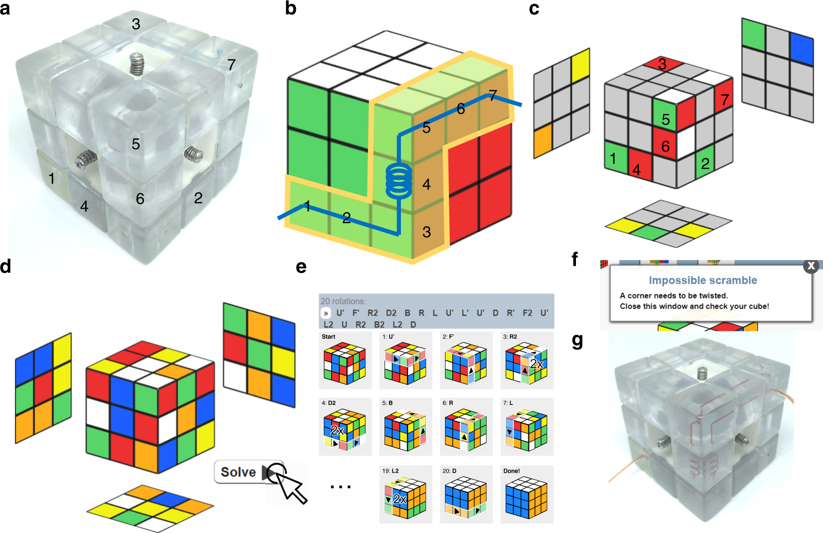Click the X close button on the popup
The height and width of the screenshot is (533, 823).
pyautogui.click(x=811, y=266)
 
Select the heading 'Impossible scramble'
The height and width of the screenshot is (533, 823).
pyautogui.click(x=703, y=280)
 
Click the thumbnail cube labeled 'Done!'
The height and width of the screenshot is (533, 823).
pyautogui.click(x=526, y=497)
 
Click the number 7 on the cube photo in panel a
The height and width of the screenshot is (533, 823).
pyautogui.click(x=231, y=65)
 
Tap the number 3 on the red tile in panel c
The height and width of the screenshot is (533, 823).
pyautogui.click(x=662, y=64)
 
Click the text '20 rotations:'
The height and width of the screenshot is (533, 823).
pyautogui.click(x=343, y=301)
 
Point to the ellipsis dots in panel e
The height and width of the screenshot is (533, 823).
pyautogui.click(x=340, y=487)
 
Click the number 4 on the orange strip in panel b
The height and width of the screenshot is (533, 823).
pyautogui.click(x=427, y=184)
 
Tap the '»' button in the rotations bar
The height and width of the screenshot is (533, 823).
pyautogui.click(x=326, y=313)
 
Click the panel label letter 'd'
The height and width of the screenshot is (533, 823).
pyautogui.click(x=6, y=266)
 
